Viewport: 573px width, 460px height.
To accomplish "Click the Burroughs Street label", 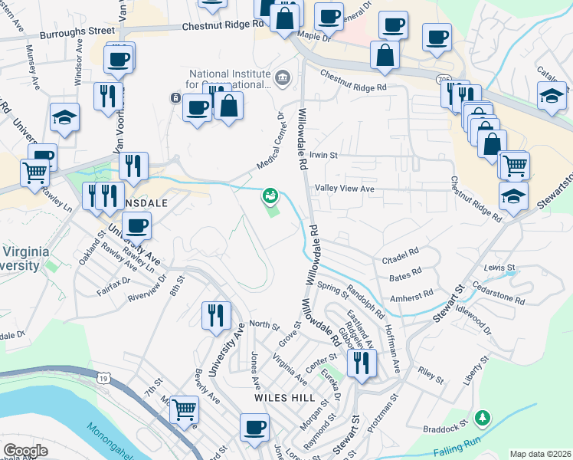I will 78,32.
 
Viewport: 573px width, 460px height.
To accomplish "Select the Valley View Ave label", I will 345,188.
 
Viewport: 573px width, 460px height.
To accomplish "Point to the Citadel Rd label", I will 401,253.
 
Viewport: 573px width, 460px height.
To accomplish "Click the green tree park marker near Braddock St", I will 483,418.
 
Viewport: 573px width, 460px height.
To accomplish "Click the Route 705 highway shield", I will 444,80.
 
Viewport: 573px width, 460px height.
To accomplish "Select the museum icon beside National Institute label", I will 283,77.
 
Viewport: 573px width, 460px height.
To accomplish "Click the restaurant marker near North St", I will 216,315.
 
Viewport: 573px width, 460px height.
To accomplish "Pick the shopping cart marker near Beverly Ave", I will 184,411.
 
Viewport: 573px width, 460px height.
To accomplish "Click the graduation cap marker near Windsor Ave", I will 65,117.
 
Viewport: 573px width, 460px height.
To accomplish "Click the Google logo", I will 25,451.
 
